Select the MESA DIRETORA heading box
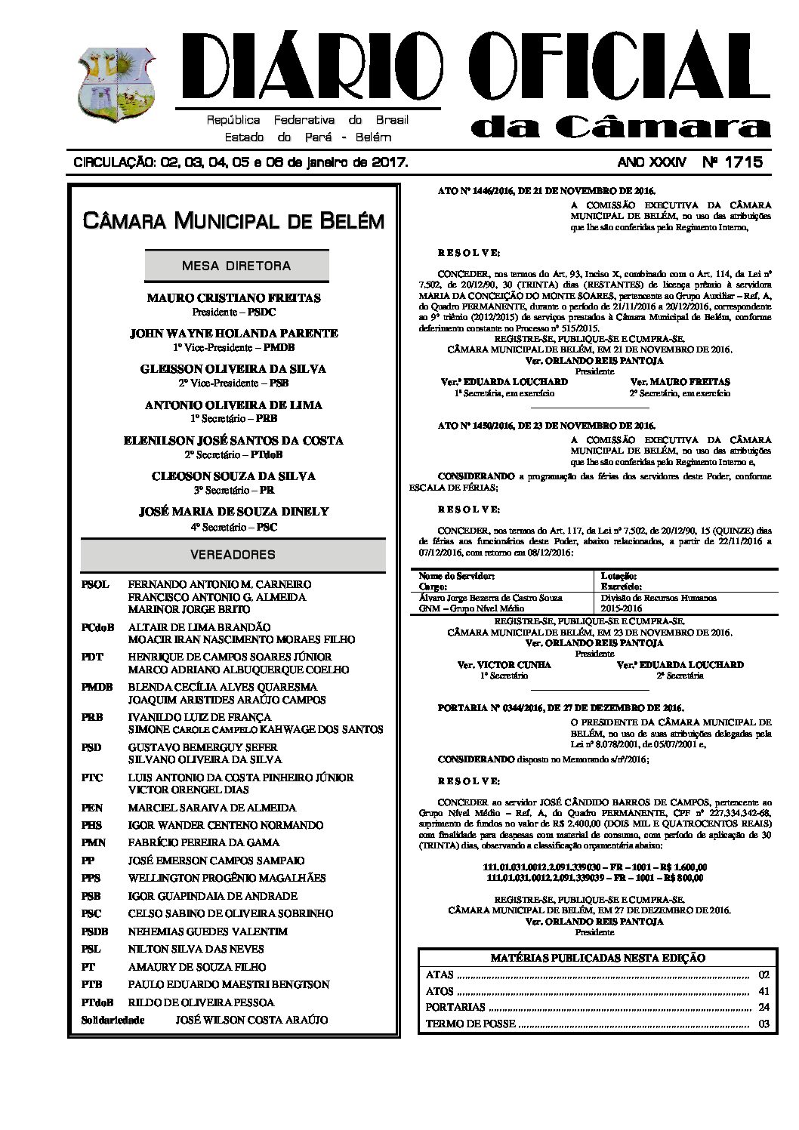(x=236, y=266)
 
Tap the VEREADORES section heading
(x=233, y=555)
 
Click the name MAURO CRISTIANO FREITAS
(x=233, y=298)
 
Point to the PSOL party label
(x=95, y=584)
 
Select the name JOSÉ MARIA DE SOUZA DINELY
(x=233, y=512)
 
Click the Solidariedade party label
(x=113, y=1020)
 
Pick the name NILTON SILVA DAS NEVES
(x=196, y=949)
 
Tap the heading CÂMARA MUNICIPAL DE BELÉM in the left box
(x=233, y=221)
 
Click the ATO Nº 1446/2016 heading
(x=547, y=192)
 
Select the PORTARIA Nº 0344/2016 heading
(x=560, y=708)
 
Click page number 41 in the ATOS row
(x=763, y=991)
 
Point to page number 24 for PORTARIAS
(x=763, y=1008)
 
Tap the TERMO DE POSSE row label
(x=470, y=1024)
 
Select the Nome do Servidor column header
(x=457, y=576)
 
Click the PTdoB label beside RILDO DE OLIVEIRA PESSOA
(x=97, y=1002)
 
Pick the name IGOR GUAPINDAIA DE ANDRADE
(x=212, y=896)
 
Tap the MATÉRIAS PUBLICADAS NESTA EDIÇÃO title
(x=597, y=958)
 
